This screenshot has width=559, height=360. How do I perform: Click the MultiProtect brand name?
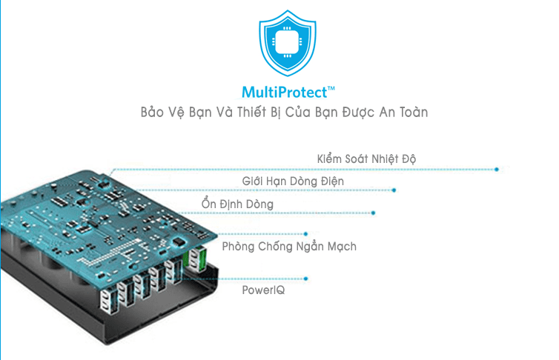pos(284,93)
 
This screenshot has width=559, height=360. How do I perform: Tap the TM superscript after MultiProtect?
pos(331,88)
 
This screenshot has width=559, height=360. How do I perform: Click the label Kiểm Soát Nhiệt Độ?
pos(367,159)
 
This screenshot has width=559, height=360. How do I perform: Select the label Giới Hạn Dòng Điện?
pos(293,181)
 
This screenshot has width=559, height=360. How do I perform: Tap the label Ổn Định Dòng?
pos(237,204)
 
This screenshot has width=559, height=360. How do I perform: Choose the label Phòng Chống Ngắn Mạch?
pos(289,246)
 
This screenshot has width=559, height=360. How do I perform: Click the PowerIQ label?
pos(263,290)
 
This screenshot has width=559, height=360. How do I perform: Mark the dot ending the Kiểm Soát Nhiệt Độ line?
pos(496,170)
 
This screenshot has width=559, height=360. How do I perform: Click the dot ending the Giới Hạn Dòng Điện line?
pos(394,190)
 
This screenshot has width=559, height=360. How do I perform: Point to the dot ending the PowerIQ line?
pos(305,279)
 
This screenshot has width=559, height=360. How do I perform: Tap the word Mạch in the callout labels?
pos(340,246)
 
